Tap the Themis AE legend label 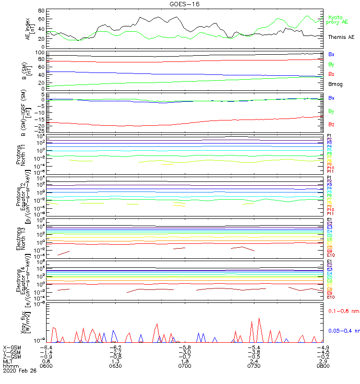click(341, 37)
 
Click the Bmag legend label click(335, 84)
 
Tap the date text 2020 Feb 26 click(19, 371)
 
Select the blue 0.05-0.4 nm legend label click(343, 331)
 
